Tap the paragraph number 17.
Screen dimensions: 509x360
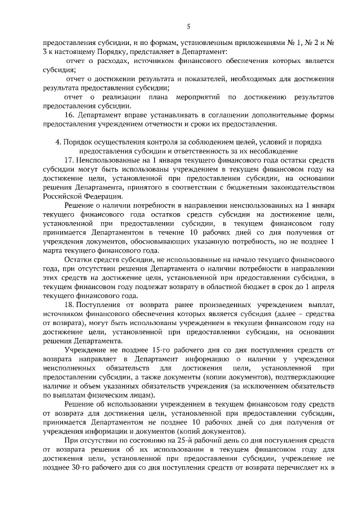[x=70, y=160]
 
